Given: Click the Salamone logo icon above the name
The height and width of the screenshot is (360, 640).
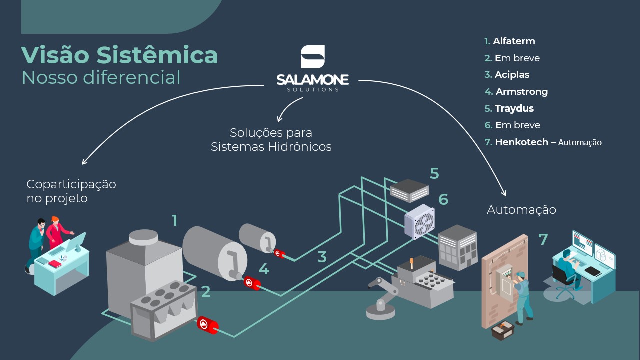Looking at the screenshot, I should (313, 57).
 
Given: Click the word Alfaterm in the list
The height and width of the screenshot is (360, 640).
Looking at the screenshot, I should (514, 41).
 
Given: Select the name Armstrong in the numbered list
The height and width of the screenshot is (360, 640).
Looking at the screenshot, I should (521, 92).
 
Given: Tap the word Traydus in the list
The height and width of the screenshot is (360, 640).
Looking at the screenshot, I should (514, 108).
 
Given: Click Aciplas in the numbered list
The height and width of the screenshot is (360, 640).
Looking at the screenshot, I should (512, 75).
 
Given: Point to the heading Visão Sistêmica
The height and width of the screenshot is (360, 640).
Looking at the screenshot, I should (119, 55).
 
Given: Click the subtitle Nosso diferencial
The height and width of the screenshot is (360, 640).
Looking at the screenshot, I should (101, 78).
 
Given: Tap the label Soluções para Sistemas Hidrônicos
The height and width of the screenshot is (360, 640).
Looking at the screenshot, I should (271, 140).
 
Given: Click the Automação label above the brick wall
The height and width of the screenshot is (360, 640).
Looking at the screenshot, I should (521, 210).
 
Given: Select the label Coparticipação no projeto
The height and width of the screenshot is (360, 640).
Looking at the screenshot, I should (71, 191).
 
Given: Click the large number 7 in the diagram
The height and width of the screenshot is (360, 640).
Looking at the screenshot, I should (543, 240).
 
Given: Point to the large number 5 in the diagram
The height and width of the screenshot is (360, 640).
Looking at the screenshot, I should (434, 174).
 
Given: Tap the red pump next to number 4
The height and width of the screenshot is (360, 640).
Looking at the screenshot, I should (252, 283).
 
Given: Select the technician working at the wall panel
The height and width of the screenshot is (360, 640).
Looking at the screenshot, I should (523, 295).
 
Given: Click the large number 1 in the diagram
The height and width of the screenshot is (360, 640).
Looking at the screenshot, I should (174, 220).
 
